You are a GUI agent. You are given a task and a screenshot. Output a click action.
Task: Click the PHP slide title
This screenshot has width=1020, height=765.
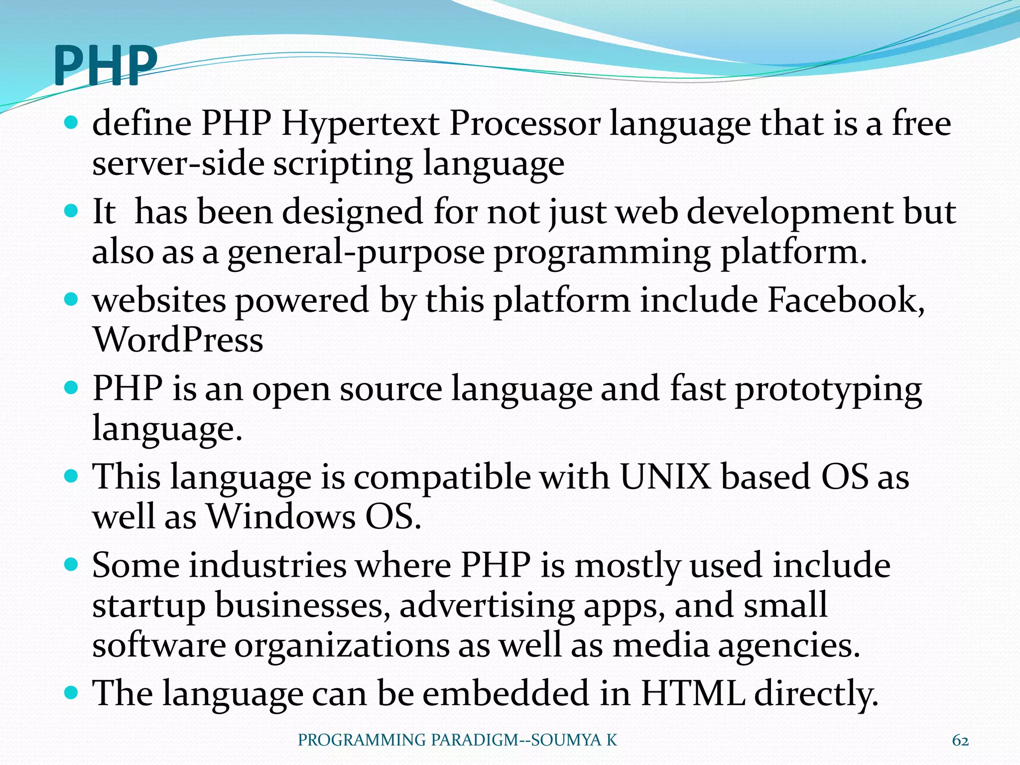(105, 65)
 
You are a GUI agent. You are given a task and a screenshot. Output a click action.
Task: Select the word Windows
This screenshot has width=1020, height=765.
(281, 516)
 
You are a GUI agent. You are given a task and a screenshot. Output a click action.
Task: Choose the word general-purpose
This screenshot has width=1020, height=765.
(356, 252)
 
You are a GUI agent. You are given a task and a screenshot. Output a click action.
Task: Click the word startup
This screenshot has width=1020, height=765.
(149, 606)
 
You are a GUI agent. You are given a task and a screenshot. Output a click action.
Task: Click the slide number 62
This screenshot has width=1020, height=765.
(960, 741)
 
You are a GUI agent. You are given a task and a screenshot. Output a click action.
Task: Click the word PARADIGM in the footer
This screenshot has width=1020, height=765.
(474, 741)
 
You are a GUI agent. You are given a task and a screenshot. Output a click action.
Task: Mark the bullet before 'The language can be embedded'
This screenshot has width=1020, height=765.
(72, 692)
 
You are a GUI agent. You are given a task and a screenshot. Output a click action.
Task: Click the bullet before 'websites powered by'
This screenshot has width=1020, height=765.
(72, 299)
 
